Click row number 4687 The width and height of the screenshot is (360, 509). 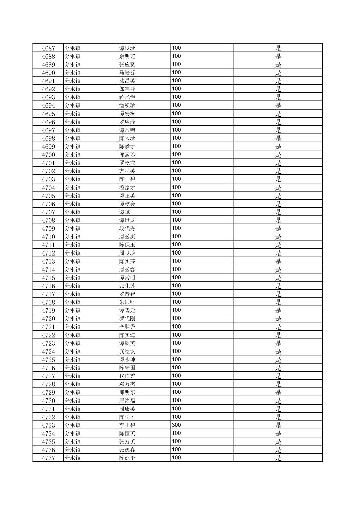48,48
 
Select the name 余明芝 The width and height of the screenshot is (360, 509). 127,56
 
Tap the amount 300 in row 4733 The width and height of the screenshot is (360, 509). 176,425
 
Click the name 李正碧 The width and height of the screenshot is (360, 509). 127,425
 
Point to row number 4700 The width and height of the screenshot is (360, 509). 48,155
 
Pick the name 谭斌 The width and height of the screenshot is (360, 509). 125,212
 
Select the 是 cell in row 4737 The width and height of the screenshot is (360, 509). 278,458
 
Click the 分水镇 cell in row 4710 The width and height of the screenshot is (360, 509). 73,237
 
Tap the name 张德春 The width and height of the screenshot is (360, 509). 127,450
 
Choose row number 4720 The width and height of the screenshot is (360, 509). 48,319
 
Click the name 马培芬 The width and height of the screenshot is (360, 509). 127,73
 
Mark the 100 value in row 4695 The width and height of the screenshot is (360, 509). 176,114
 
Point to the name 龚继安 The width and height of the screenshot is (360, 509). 127,352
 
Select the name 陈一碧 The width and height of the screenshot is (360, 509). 127,179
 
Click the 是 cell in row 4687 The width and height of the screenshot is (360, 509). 278,48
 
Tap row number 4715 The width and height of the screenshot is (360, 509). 48,278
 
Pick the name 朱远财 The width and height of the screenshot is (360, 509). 127,302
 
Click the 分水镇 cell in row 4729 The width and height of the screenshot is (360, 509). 73,392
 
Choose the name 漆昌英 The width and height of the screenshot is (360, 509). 127,81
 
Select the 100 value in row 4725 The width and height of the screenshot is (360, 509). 176,360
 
